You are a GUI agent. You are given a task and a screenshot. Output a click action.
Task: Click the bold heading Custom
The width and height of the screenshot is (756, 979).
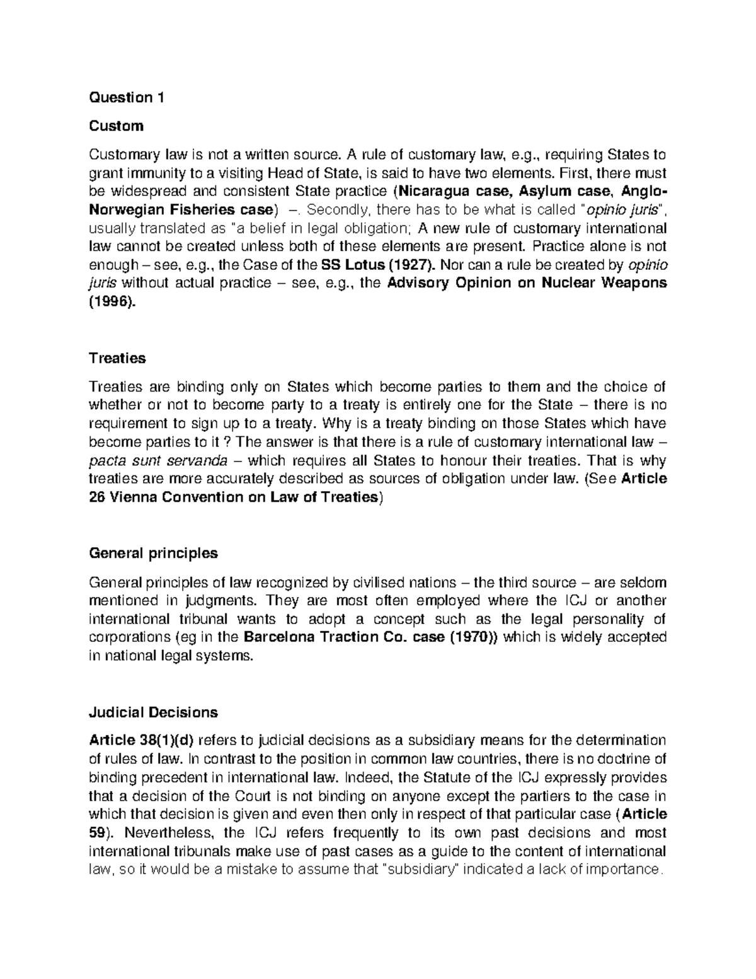coord(116,126)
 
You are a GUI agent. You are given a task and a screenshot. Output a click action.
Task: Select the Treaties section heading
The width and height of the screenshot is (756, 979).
coord(117,358)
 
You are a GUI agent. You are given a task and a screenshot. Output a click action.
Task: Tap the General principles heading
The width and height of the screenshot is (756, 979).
coord(153,553)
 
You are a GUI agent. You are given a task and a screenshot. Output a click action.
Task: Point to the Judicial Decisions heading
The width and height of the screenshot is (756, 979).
coord(153,712)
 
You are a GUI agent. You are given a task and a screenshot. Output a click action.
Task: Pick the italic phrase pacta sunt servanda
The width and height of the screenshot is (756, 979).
coord(140,460)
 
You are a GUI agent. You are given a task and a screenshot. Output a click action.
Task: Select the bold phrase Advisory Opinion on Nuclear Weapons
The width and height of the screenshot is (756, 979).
coord(527,282)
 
